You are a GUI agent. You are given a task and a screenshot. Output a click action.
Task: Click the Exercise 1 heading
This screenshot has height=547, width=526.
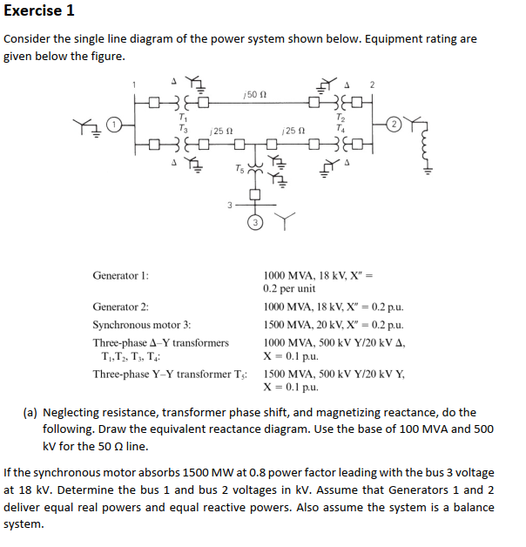point(39,11)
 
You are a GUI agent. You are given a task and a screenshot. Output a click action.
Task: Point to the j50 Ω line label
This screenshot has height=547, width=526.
point(254,92)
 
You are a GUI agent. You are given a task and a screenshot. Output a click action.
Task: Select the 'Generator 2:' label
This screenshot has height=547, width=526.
point(120,307)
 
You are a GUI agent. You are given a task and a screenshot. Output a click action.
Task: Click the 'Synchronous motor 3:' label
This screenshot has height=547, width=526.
point(142,324)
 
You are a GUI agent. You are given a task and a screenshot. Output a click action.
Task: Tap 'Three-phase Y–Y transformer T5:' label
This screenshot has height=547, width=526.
point(171,373)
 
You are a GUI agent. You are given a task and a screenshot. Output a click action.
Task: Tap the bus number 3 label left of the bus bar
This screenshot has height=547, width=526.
point(228,206)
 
